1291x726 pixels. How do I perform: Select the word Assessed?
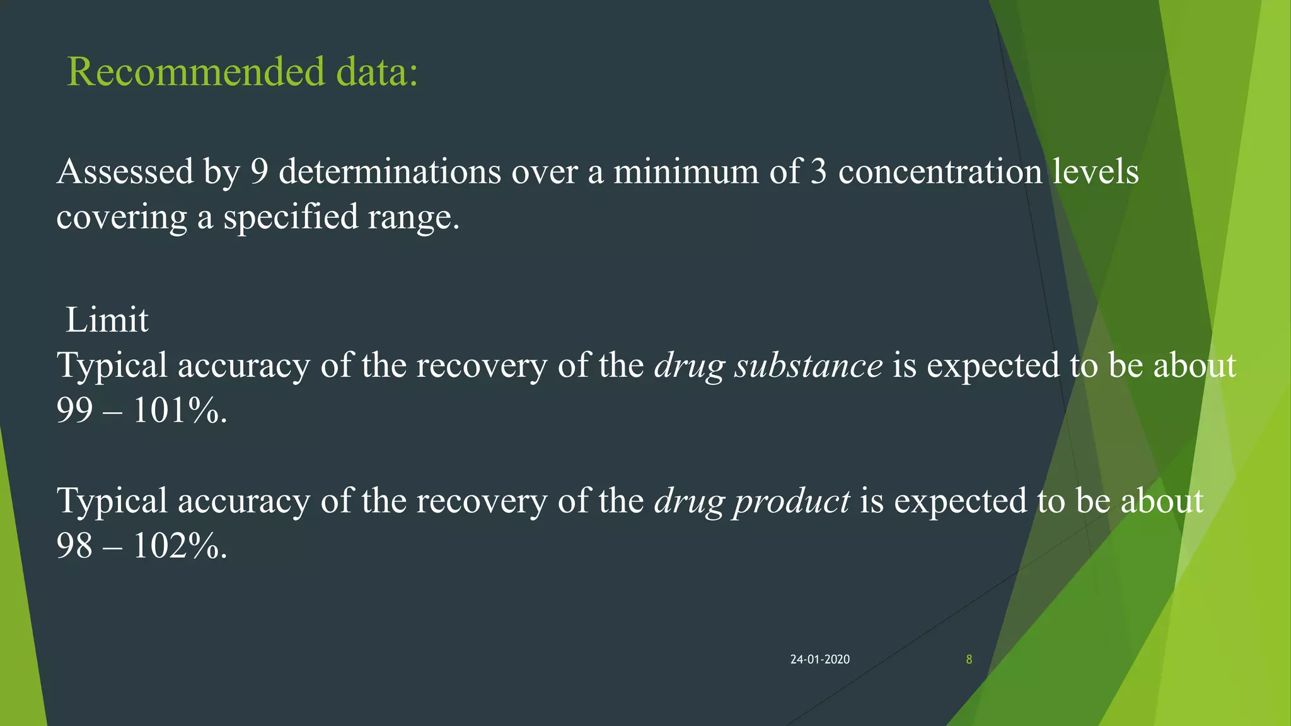click(x=125, y=171)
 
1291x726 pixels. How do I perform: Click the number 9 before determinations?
click(x=259, y=171)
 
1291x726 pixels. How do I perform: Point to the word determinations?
click(x=390, y=171)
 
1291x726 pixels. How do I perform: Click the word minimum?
click(x=686, y=171)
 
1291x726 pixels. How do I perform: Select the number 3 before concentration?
click(x=818, y=171)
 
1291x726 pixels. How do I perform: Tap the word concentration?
click(x=940, y=171)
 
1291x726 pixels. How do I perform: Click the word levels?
click(x=1096, y=171)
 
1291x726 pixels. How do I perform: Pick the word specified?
click(x=291, y=217)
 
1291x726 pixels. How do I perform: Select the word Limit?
click(x=107, y=320)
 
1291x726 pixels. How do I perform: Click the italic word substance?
click(x=808, y=366)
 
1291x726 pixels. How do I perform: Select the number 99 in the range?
click(x=74, y=410)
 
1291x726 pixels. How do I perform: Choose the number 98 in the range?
click(x=74, y=546)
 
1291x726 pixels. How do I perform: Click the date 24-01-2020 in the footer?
click(x=819, y=659)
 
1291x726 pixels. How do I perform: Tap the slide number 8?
click(x=969, y=659)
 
